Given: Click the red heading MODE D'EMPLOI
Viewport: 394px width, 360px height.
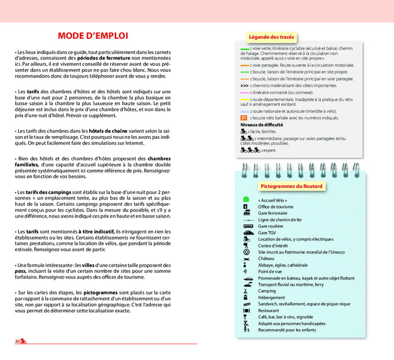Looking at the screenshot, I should (x=93, y=36).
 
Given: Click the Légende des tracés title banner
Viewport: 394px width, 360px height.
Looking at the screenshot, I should (x=271, y=37).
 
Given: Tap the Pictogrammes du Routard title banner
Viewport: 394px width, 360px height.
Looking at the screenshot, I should (x=291, y=186).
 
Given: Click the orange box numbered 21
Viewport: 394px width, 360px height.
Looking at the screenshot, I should (x=243, y=118).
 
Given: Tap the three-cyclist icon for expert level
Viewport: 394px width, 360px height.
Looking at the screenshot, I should (x=249, y=150).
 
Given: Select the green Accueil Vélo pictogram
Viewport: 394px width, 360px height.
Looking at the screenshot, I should (x=246, y=200).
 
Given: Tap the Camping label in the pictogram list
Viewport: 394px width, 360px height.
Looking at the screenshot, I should (x=267, y=291).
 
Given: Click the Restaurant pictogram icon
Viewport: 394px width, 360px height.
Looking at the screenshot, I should (x=246, y=310).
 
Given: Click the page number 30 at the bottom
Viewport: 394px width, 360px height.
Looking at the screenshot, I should (x=17, y=341).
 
